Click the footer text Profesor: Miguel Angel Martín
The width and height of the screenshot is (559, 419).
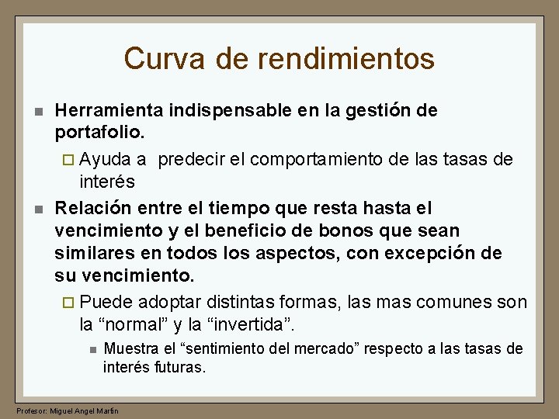[x=67, y=410]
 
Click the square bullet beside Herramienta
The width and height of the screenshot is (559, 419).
[x=37, y=112]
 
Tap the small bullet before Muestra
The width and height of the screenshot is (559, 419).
[x=92, y=350]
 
